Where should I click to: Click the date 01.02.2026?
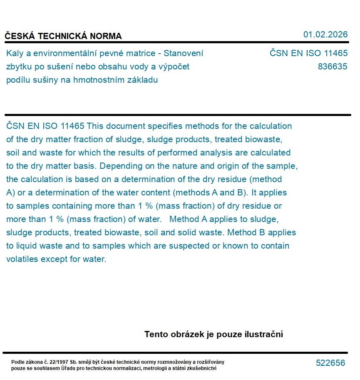[x=325, y=35]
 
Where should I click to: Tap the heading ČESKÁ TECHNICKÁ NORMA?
[x=63, y=36]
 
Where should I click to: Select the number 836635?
[x=332, y=67]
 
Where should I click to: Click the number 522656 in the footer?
[x=330, y=363]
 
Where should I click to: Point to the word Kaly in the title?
[x=15, y=53]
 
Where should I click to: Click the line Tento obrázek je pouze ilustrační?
[x=214, y=334]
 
